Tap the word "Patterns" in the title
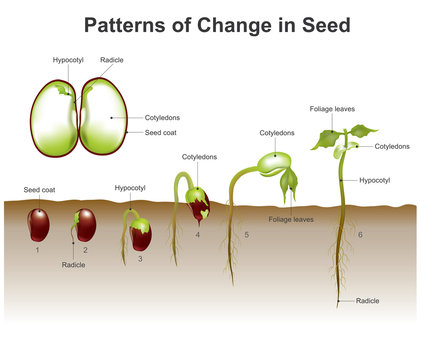[123, 25]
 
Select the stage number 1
[38, 248]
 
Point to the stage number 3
[139, 258]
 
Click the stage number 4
[197, 235]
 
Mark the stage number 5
[246, 235]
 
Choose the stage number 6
[360, 234]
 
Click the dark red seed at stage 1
[39, 223]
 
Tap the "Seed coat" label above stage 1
[39, 189]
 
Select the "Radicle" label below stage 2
[73, 265]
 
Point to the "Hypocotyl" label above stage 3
[130, 187]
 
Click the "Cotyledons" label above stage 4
[199, 157]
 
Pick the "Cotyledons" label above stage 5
[276, 132]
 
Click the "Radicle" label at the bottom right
[367, 300]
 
